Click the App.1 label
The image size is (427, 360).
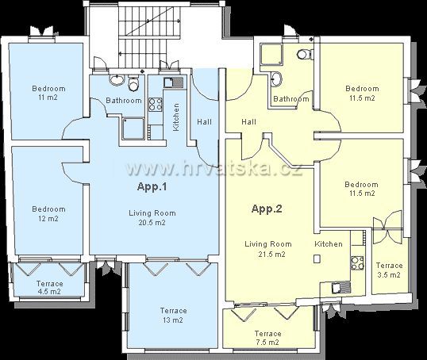coord(152,187)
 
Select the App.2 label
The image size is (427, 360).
coord(267,209)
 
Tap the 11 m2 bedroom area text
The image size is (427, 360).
coord(48,98)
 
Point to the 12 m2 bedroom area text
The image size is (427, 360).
coord(48,219)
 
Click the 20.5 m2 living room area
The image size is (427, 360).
coord(152,223)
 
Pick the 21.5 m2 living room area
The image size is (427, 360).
coord(271,255)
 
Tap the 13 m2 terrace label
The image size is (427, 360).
coord(173,320)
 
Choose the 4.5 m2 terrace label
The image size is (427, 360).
coord(49,292)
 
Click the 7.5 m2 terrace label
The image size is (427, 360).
coord(267,342)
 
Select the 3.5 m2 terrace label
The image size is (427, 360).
coord(389,275)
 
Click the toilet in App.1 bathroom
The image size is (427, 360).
coord(133,82)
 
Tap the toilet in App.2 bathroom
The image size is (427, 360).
coord(305,54)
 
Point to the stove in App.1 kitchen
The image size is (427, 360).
coord(156,104)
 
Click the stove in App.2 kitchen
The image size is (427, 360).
coord(357,262)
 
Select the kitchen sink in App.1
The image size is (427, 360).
coord(174,82)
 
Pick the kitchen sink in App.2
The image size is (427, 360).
coord(341,287)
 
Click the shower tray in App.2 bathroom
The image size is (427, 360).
coord(271,54)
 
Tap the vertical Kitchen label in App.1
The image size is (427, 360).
coord(176,117)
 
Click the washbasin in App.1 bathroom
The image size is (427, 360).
coord(117,79)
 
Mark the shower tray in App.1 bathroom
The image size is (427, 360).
coord(133,128)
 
